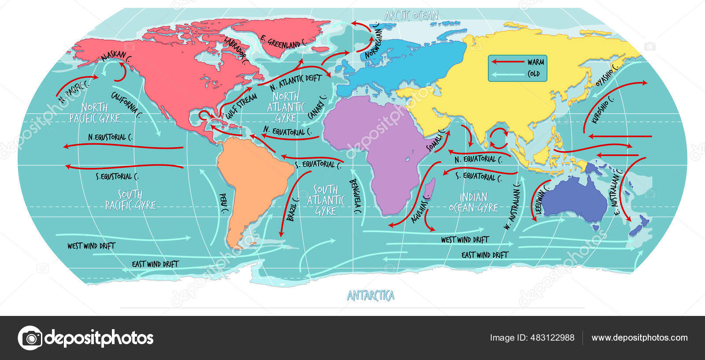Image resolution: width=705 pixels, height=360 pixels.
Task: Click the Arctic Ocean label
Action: point(411,16)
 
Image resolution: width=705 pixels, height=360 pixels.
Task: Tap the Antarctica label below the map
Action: point(371,296)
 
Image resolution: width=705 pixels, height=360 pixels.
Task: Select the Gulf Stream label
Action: point(241,106)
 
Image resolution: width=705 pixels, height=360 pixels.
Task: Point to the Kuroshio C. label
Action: point(602,110)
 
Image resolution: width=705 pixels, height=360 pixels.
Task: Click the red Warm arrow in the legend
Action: point(506,62)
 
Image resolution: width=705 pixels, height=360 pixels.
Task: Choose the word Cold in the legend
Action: point(534,74)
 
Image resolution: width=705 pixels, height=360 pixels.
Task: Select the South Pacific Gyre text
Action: point(130,200)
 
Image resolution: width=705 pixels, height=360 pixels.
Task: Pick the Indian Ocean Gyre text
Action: point(474,202)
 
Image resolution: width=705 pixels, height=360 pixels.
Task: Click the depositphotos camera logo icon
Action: point(30,338)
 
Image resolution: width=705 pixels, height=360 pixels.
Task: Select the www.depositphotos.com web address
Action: point(639,338)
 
